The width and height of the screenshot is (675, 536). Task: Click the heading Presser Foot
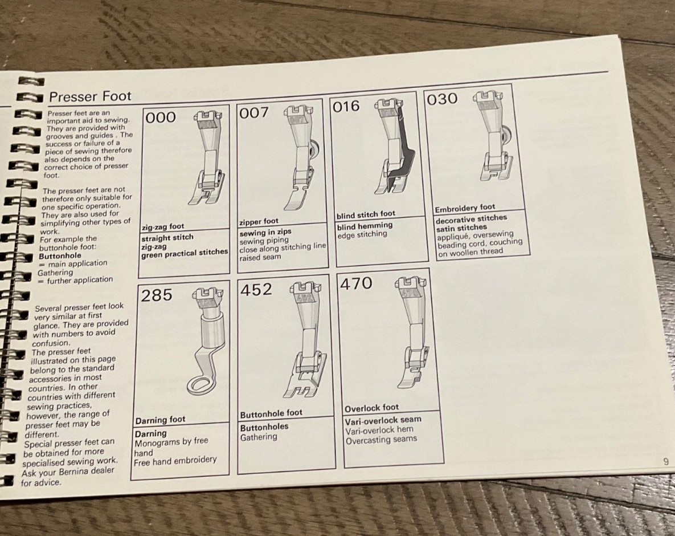pyautogui.click(x=90, y=96)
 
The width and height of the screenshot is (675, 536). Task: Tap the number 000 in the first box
pyautogui.click(x=161, y=118)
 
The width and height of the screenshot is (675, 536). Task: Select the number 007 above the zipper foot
pyautogui.click(x=253, y=113)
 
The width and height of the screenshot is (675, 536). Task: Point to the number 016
pyautogui.click(x=346, y=107)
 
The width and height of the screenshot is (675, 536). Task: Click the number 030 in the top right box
pyautogui.click(x=442, y=99)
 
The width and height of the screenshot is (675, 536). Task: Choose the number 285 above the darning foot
pyautogui.click(x=157, y=295)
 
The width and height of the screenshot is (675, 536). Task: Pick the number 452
pyautogui.click(x=257, y=290)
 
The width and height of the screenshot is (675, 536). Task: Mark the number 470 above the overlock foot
pyautogui.click(x=356, y=283)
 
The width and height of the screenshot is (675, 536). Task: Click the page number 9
pyautogui.click(x=666, y=461)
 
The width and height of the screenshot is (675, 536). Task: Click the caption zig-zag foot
pyautogui.click(x=163, y=227)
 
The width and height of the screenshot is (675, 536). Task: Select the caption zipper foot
pyautogui.click(x=259, y=221)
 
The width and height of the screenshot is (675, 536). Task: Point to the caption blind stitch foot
pyautogui.click(x=366, y=214)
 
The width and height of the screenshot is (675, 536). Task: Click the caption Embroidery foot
pyautogui.click(x=465, y=208)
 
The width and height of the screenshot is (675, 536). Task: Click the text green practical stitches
pyautogui.click(x=184, y=253)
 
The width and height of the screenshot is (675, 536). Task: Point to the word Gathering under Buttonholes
pyautogui.click(x=259, y=437)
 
